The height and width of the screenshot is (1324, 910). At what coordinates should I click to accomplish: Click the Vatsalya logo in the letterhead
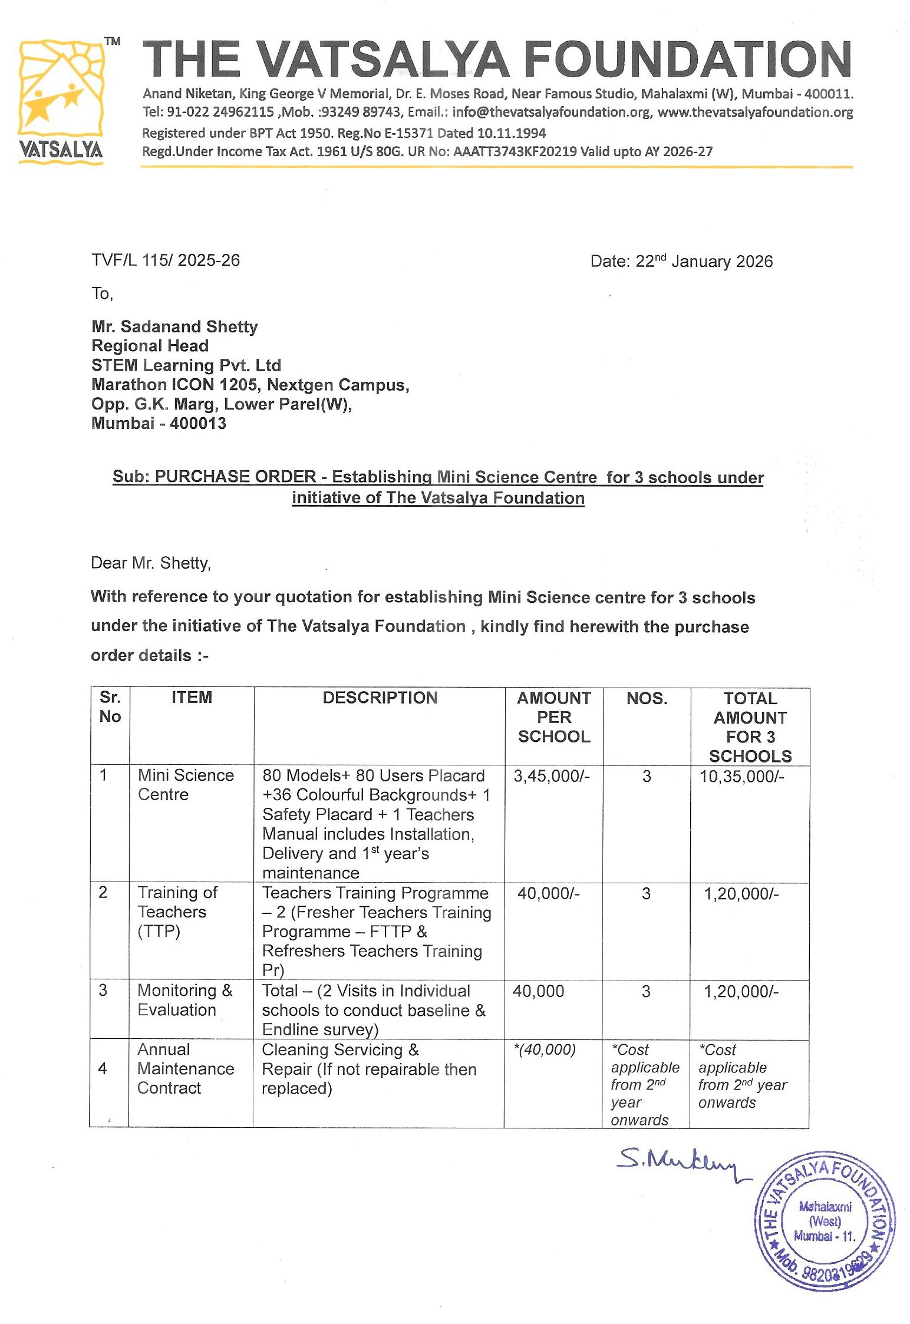[61, 100]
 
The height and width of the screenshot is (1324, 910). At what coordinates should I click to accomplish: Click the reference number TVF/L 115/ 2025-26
[166, 260]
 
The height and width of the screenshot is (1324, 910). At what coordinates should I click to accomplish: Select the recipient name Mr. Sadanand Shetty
[174, 326]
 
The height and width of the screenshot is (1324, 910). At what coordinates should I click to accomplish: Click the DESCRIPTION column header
[380, 698]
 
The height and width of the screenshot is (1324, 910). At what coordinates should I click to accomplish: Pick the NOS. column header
[647, 698]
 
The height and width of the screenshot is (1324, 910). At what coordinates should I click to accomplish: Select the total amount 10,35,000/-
[741, 776]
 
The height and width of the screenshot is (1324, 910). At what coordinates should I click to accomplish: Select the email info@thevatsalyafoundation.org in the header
[551, 112]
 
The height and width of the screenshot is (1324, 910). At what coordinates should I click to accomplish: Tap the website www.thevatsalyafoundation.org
[755, 112]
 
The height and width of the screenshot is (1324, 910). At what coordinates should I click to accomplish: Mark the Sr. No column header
[110, 706]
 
